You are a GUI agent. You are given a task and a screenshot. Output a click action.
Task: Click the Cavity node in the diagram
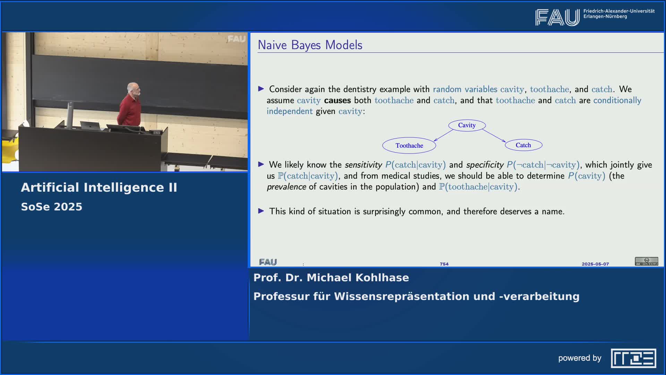tap(467, 125)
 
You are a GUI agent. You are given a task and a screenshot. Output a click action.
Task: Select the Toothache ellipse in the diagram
tap(409, 145)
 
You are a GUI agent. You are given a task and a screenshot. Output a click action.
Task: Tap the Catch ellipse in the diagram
tap(523, 145)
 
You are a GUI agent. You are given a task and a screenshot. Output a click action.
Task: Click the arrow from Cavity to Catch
tap(494, 135)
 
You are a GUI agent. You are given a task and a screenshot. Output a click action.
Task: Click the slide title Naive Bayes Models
tap(310, 45)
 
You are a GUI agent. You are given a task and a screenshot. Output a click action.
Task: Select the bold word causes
tap(338, 100)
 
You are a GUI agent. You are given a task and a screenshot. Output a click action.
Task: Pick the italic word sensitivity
tap(363, 165)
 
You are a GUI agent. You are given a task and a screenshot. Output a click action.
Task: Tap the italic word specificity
tap(485, 165)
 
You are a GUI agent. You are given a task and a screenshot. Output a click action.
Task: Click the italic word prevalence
tap(287, 187)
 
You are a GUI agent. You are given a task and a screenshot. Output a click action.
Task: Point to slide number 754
tap(444, 264)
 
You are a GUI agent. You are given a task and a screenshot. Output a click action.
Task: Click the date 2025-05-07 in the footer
tap(595, 264)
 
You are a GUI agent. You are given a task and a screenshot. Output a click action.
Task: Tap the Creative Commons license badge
tap(647, 261)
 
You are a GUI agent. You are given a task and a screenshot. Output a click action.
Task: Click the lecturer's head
tap(134, 89)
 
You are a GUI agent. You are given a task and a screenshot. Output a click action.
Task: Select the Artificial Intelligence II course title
tap(99, 187)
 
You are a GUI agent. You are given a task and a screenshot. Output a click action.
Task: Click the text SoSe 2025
tap(52, 207)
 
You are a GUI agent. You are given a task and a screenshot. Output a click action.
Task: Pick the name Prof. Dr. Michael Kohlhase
tap(331, 278)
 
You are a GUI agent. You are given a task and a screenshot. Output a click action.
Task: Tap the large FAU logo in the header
tap(557, 17)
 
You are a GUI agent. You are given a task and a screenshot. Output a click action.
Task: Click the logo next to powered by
tap(633, 358)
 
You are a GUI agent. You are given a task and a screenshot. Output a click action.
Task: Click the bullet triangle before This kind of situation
tap(261, 211)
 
